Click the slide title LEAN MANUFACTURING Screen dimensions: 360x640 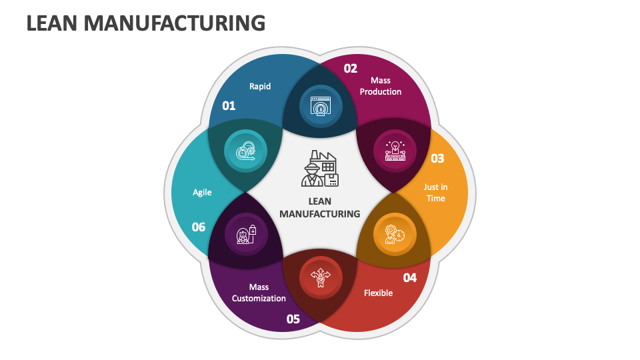(145, 23)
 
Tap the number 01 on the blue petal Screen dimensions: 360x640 (229, 105)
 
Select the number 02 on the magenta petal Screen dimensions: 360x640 (351, 68)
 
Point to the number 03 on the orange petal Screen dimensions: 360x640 (437, 158)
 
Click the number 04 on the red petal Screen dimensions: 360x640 (409, 277)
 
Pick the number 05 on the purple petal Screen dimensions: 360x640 (293, 319)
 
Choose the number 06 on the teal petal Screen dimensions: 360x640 (199, 227)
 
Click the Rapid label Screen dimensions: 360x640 (260, 86)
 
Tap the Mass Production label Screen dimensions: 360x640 (381, 86)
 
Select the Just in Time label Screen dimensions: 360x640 (435, 193)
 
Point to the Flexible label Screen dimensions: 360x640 (378, 293)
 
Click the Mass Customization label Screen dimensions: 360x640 (259, 293)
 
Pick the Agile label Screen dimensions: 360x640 (202, 193)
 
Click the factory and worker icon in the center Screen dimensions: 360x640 (320, 169)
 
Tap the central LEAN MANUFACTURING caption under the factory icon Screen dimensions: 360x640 (320, 207)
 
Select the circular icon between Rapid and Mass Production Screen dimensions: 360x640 (320, 106)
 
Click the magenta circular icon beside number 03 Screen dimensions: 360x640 (395, 149)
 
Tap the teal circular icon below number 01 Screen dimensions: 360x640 (245, 151)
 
